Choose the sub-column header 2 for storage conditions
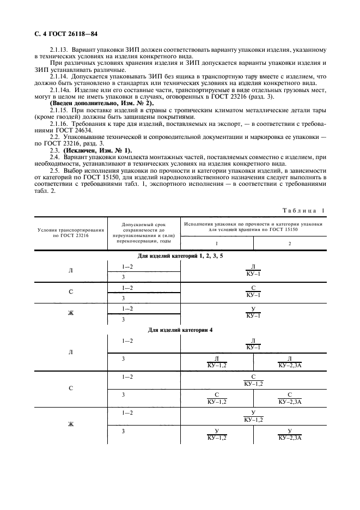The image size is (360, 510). pyautogui.click(x=289, y=243)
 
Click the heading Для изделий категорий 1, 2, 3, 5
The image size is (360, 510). pyautogui.click(x=180, y=256)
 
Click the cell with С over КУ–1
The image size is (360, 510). pyautogui.click(x=253, y=291)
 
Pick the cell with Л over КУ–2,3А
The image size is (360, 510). pyautogui.click(x=290, y=361)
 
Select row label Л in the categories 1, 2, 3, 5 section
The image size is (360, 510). pyautogui.click(x=70, y=270)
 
